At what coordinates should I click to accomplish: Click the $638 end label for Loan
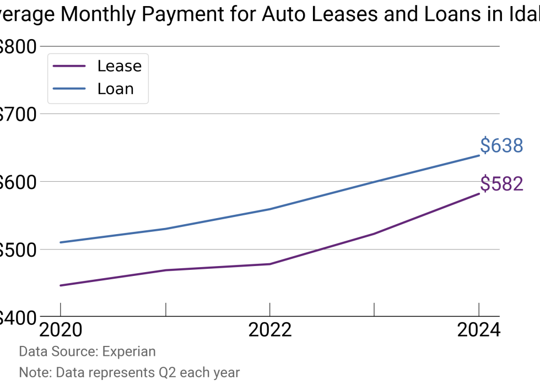[x=501, y=145]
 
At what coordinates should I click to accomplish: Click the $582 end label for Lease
[x=501, y=183]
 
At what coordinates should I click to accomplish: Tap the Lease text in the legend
[x=119, y=66]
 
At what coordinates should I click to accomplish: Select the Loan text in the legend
[x=115, y=89]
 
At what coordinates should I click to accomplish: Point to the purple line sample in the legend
[x=69, y=66]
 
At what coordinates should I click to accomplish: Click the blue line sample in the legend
[x=69, y=89]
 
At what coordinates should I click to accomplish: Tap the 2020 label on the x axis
[x=61, y=330]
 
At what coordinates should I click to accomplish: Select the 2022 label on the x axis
[x=269, y=330]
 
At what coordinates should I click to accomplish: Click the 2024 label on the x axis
[x=478, y=330]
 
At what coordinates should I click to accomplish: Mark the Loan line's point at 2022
[x=269, y=209]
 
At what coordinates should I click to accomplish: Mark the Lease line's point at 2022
[x=269, y=264]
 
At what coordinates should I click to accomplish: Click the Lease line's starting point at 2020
[x=61, y=285]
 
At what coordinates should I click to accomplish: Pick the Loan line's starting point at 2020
[x=61, y=242]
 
